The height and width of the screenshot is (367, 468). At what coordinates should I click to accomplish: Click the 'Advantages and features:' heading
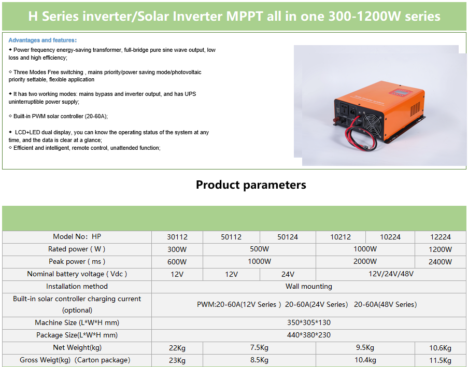[42, 40]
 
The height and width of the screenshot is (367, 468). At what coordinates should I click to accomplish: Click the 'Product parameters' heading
[251, 185]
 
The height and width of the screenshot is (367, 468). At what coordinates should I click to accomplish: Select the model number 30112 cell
[177, 237]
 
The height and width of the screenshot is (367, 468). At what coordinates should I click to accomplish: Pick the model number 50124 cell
[288, 237]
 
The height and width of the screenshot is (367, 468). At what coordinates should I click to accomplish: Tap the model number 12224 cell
[440, 237]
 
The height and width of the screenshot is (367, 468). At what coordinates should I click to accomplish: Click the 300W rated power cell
[177, 249]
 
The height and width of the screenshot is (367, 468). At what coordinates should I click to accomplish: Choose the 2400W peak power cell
[440, 262]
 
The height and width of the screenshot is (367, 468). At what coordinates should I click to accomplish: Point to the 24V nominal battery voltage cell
[288, 274]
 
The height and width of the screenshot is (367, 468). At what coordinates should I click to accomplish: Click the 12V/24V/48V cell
[391, 274]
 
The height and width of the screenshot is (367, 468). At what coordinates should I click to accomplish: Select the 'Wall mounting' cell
[308, 286]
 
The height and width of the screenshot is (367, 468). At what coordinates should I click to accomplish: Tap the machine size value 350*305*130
[308, 322]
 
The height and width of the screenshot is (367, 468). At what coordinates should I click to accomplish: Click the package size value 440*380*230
[308, 335]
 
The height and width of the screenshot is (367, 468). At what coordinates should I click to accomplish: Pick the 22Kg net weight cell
[177, 348]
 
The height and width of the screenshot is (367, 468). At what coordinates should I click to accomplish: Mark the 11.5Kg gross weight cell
[440, 360]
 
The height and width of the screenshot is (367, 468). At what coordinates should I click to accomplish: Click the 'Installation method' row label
[77, 286]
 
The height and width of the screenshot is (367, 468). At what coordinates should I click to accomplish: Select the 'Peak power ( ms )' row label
[77, 262]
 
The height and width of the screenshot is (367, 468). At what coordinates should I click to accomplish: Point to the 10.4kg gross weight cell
[365, 360]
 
